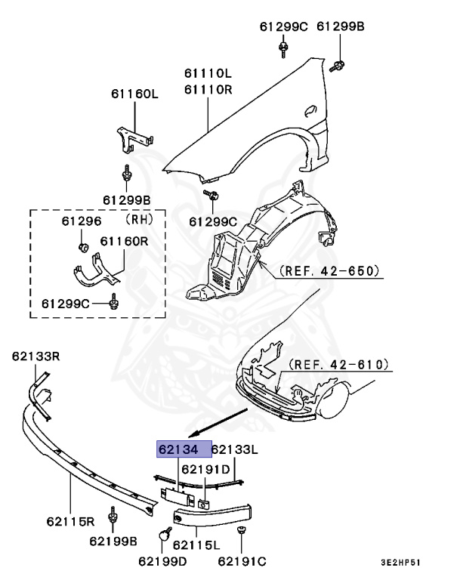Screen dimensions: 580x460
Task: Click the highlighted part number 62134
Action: (178, 449)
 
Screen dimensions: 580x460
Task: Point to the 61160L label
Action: (135, 94)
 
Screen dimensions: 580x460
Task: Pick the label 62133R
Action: (36, 354)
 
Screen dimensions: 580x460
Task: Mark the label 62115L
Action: (196, 545)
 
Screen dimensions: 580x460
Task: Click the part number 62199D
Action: (162, 560)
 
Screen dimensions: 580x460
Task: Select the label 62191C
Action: (242, 560)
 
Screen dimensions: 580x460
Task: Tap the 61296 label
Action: (81, 221)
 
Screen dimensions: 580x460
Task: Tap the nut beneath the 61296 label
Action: (83, 246)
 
